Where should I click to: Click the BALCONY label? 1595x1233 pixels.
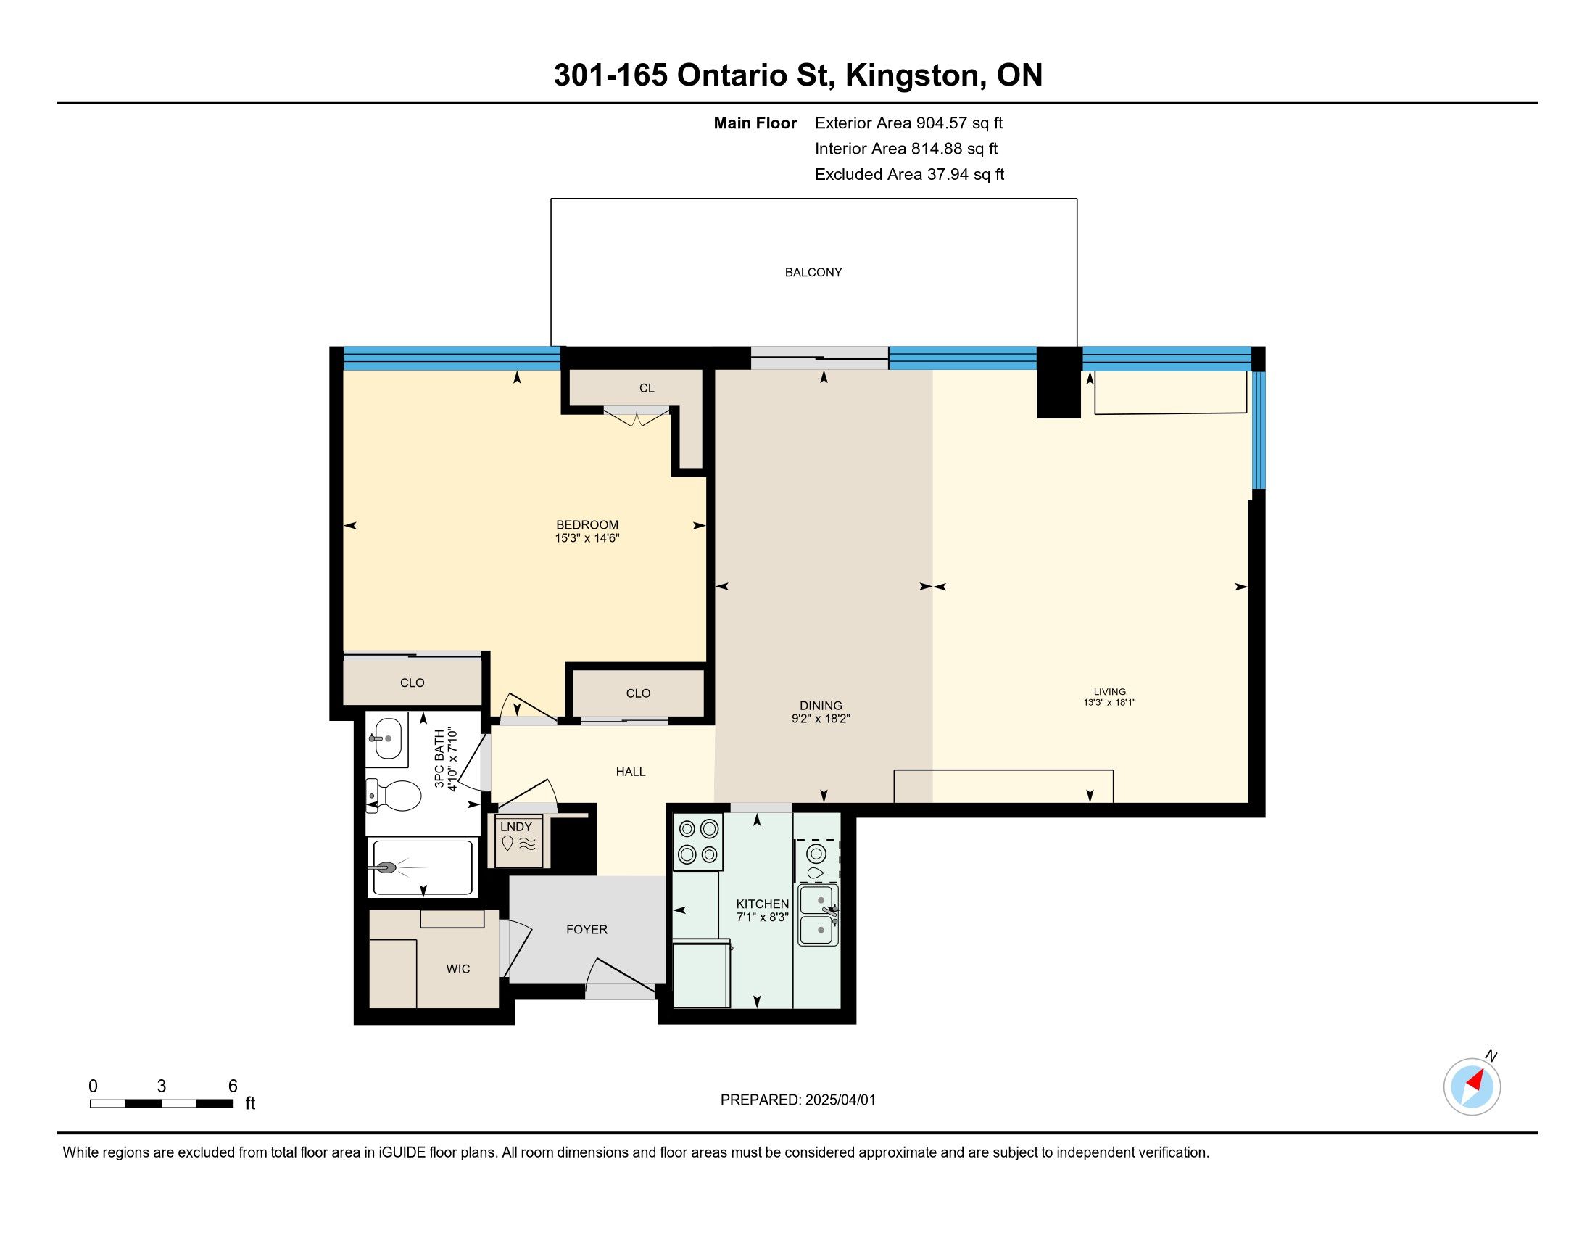click(x=813, y=273)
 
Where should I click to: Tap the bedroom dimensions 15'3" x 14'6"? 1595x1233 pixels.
click(x=587, y=538)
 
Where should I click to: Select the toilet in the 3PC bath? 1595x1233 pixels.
click(x=394, y=796)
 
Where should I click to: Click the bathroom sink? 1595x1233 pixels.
click(x=386, y=738)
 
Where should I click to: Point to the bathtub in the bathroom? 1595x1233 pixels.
click(x=422, y=867)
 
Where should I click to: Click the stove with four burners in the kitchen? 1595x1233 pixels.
click(x=698, y=841)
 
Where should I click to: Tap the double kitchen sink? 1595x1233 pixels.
click(x=818, y=915)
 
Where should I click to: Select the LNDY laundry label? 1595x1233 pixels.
click(x=515, y=826)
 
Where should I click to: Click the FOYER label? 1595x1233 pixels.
click(x=587, y=930)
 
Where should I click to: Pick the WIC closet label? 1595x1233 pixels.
click(x=458, y=969)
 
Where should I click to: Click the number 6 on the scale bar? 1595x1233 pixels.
click(x=233, y=1086)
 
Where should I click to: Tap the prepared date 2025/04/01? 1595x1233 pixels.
click(x=839, y=1100)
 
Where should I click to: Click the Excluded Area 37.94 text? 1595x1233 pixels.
click(x=909, y=174)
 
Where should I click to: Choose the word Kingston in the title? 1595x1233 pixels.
click(x=912, y=76)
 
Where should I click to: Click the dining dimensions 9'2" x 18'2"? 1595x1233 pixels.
click(x=821, y=719)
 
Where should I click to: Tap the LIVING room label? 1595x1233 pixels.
click(x=1109, y=692)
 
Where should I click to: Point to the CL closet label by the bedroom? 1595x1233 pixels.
click(x=646, y=389)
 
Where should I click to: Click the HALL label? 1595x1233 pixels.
click(x=630, y=772)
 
